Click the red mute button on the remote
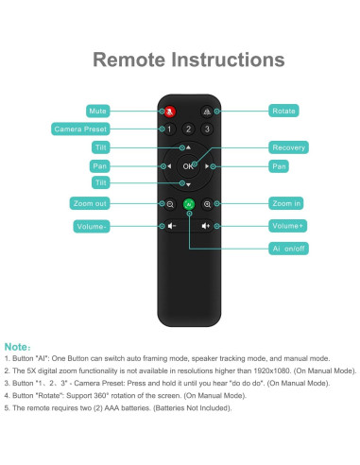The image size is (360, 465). [x=170, y=112]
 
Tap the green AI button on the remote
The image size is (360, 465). [x=189, y=204]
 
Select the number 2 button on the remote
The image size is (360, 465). [x=188, y=129]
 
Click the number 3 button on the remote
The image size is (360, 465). [x=207, y=129]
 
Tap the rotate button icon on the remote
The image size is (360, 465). [x=207, y=112]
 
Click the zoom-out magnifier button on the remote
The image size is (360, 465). [x=170, y=204]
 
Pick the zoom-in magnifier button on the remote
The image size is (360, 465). [x=207, y=204]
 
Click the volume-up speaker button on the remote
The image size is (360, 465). [x=206, y=226]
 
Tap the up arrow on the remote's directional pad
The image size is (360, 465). [x=188, y=147]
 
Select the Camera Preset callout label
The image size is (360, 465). [x=80, y=129]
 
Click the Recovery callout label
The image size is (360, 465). [x=288, y=147]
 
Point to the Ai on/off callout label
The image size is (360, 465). [x=288, y=249]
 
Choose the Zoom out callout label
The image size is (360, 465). [x=90, y=203]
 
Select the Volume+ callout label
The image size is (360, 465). [x=287, y=226]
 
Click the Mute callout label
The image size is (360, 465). [x=98, y=111]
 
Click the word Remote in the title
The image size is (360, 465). [x=129, y=60]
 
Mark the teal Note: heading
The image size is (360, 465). [x=18, y=347]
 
